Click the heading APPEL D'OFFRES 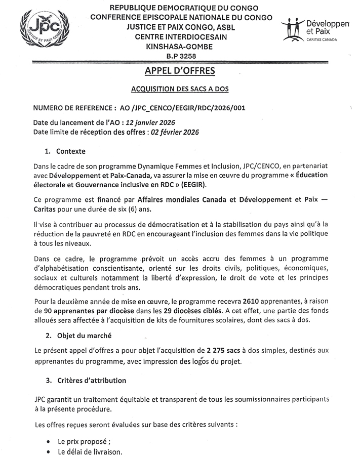[180, 71]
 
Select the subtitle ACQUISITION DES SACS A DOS [180, 90]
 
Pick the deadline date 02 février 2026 [173, 132]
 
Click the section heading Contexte [71, 151]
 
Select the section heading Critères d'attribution [92, 380]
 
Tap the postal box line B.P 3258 [180, 56]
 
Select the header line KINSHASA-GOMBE [180, 47]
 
